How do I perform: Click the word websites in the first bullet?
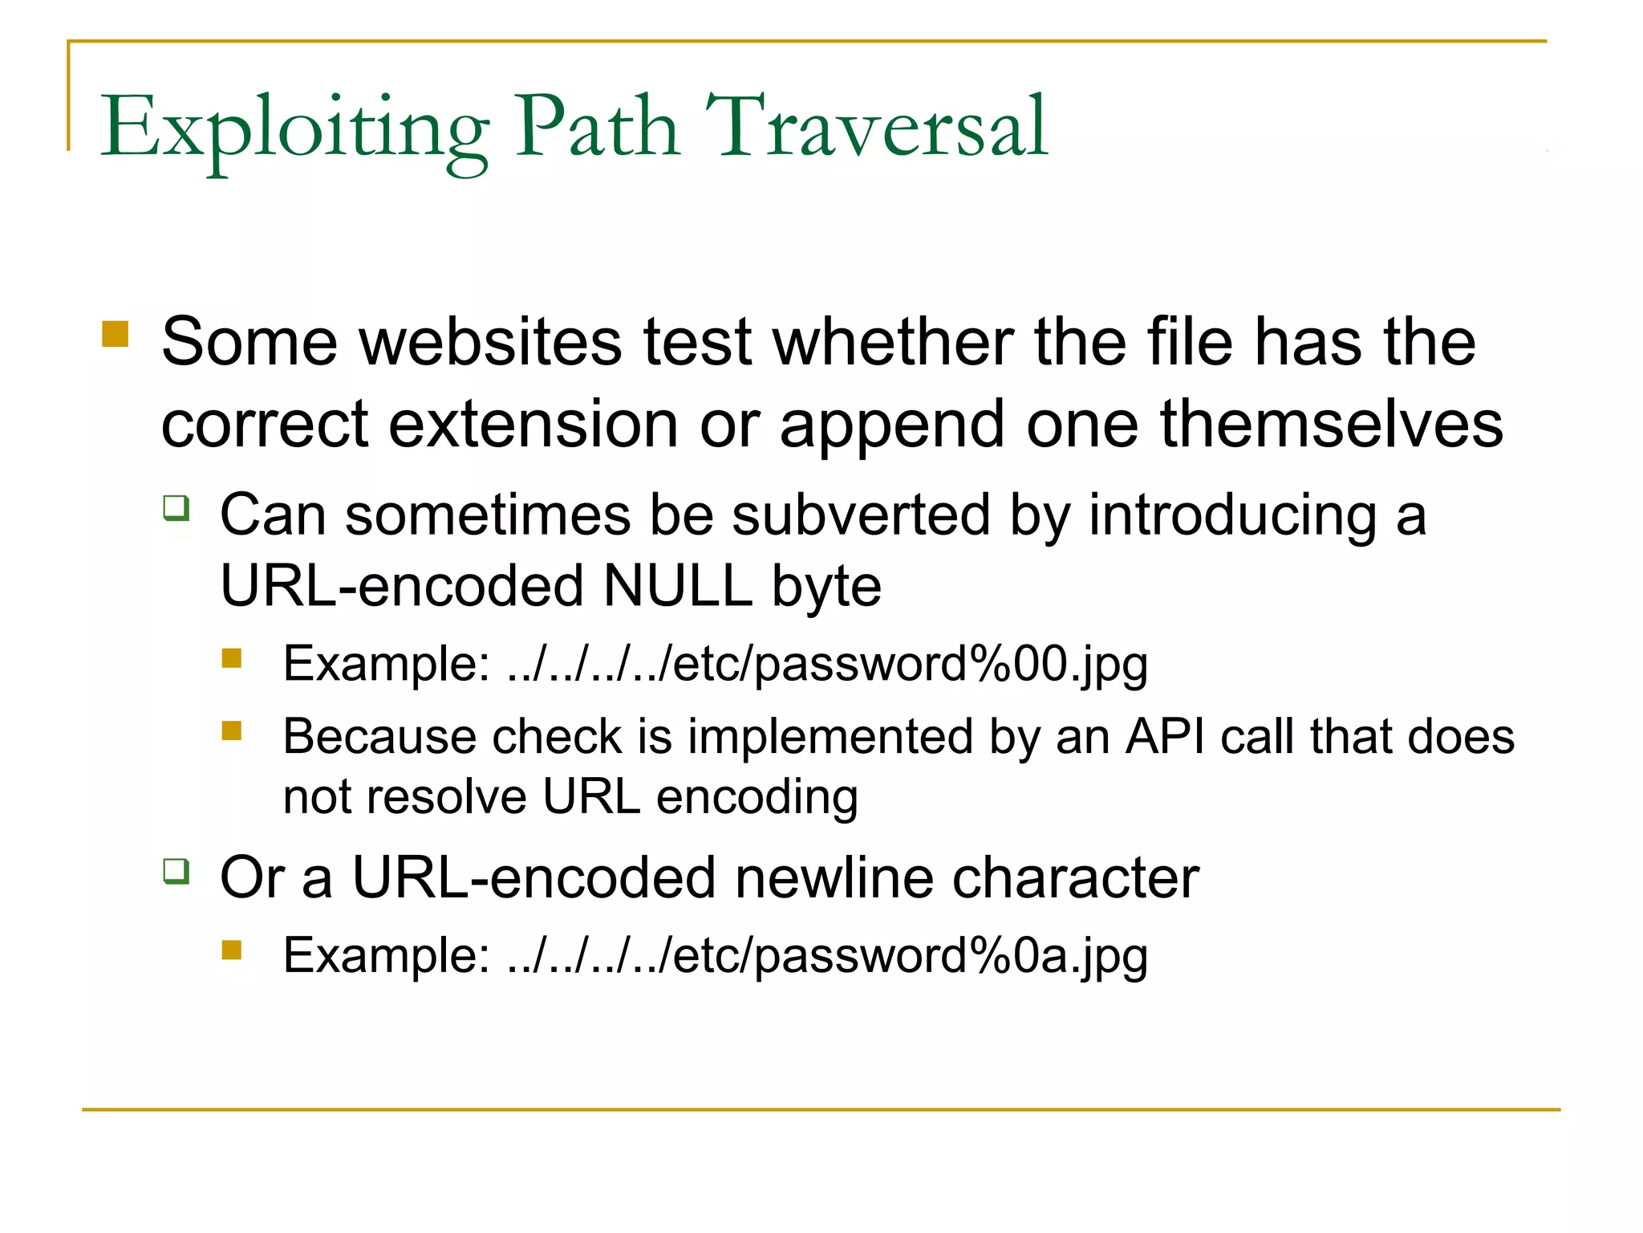click(489, 342)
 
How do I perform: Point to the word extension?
click(533, 424)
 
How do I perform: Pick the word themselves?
click(1332, 424)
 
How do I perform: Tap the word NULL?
click(677, 586)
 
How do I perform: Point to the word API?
click(1165, 736)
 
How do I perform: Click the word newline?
click(834, 877)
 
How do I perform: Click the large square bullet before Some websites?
click(116, 334)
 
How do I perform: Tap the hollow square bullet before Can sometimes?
click(176, 508)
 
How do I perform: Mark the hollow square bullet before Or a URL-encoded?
click(176, 871)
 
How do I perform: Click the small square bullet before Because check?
click(232, 730)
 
